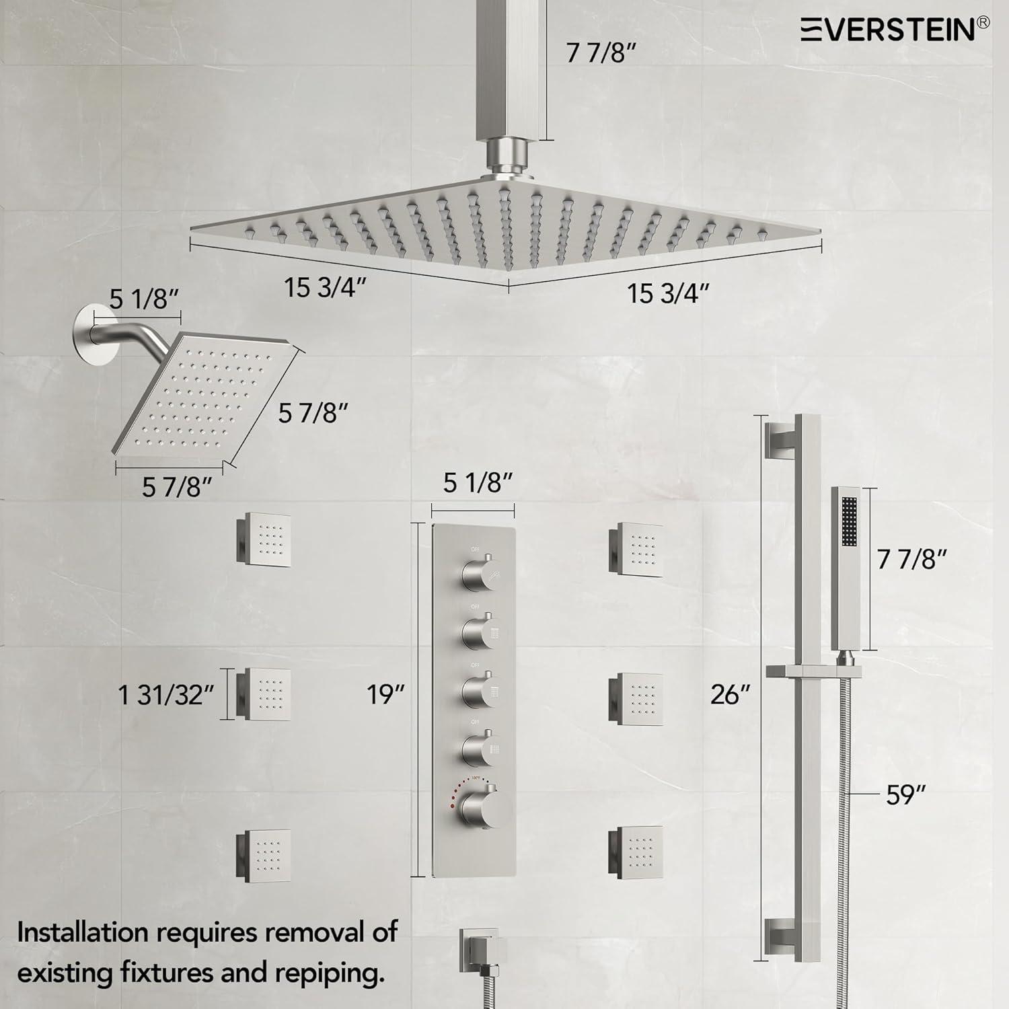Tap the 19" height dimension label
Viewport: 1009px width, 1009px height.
[x=385, y=694]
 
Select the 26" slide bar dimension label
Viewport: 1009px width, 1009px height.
[x=730, y=694]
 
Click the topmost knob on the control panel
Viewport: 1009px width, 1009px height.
[x=477, y=573]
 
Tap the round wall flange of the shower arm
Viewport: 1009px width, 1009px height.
[x=91, y=330]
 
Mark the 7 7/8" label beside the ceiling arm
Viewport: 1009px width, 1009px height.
[x=600, y=53]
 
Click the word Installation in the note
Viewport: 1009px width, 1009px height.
[x=83, y=933]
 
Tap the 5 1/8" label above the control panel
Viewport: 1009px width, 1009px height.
[x=478, y=482]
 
